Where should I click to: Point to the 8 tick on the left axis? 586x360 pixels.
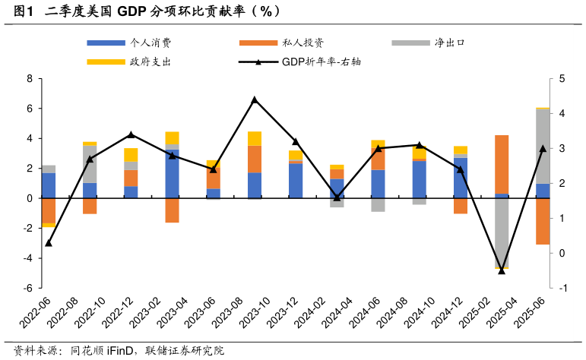[29, 78]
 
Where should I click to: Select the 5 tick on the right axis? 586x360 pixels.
[561, 78]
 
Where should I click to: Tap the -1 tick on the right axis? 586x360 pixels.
[561, 289]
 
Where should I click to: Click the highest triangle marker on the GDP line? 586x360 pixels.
[255, 99]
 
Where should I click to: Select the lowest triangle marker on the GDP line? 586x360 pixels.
[502, 270]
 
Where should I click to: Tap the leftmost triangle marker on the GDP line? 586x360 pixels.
[49, 243]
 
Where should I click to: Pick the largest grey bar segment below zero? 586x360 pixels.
[502, 232]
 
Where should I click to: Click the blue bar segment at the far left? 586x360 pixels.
[49, 185]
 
